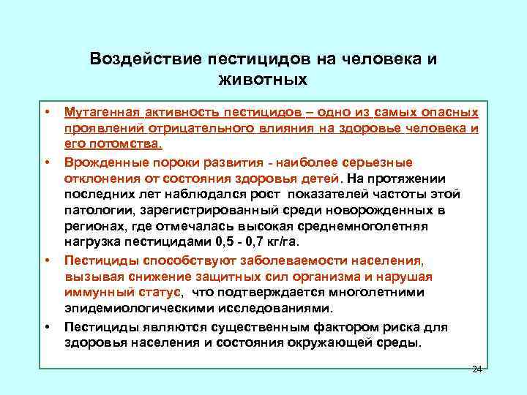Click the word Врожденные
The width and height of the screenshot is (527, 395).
(100, 162)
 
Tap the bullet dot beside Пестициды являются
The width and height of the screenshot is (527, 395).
(45, 326)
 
